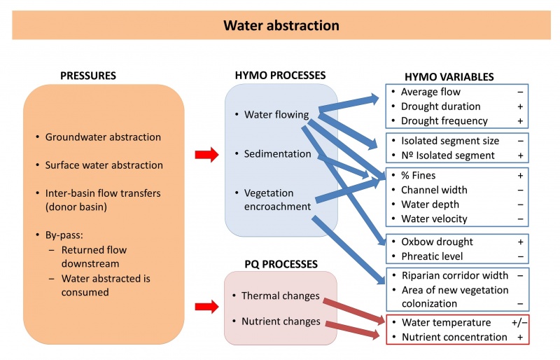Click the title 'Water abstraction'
(281, 26)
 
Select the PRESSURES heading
(88, 75)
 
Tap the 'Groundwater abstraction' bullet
(103, 137)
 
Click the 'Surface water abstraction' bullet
(104, 165)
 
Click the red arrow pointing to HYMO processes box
(207, 153)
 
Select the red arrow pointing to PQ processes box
(207, 306)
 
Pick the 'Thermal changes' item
(280, 296)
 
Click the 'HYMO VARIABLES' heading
(449, 77)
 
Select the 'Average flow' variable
(430, 92)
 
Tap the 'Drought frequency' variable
(440, 121)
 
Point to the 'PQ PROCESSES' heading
(281, 264)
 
